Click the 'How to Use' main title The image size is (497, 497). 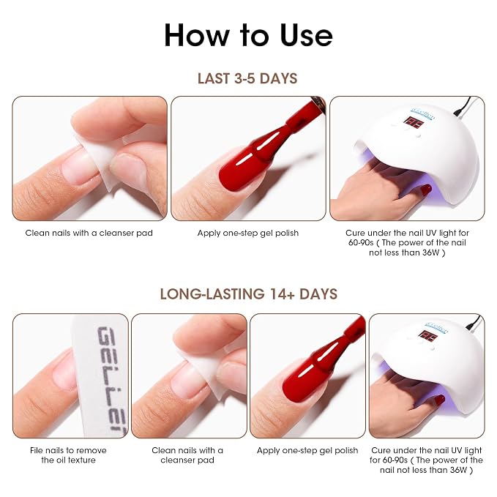(249, 35)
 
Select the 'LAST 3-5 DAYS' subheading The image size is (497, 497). (247, 78)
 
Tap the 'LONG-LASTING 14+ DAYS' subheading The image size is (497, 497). (249, 294)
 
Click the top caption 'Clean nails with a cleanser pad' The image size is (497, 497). (89, 233)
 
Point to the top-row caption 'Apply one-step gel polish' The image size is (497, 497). (248, 233)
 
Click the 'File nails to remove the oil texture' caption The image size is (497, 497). (68, 455)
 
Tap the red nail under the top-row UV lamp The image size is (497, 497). (426, 190)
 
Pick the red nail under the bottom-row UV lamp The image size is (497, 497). (439, 400)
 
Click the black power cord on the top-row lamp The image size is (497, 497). (462, 106)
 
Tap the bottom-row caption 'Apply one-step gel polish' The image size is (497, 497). (307, 450)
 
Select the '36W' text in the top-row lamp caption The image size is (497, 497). (430, 253)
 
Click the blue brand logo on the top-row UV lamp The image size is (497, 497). (423, 113)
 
